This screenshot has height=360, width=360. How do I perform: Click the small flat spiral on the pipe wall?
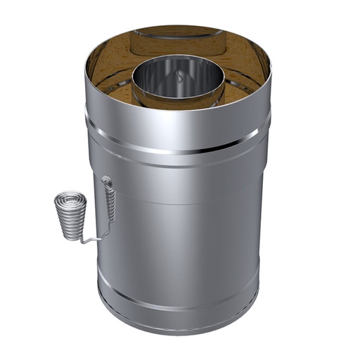[x=105, y=181]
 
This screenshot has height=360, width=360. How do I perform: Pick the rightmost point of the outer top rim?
[x=271, y=70]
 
